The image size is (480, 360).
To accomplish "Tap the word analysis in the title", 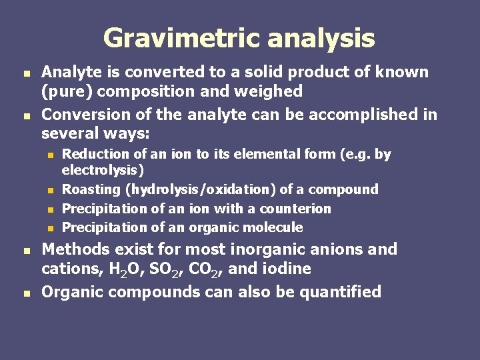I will click(321, 38).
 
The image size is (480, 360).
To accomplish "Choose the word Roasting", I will click(90, 189).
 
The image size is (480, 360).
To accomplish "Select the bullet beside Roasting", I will click(50, 191).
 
